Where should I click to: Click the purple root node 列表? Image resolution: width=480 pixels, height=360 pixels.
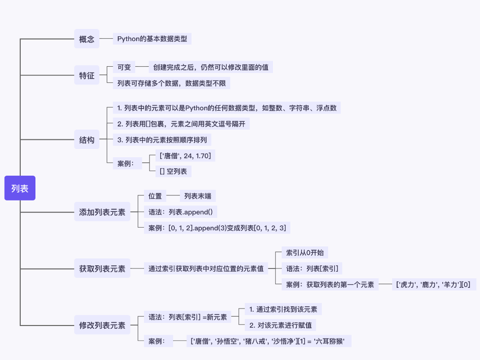(x=20, y=188)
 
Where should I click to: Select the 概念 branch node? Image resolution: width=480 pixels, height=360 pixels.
(x=87, y=39)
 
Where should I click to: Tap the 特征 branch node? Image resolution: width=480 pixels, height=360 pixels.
(x=87, y=75)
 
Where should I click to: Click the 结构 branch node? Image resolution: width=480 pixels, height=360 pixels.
(x=87, y=140)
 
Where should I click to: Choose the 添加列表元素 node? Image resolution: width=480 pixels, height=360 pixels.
(x=102, y=212)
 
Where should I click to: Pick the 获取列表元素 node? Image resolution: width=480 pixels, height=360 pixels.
(x=102, y=269)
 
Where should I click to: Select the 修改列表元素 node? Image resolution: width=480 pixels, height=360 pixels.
(x=102, y=325)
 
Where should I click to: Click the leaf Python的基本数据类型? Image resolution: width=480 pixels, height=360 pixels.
(x=152, y=39)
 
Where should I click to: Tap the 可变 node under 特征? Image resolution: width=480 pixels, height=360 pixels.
(x=124, y=67)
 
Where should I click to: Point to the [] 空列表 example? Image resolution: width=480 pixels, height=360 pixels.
(x=173, y=171)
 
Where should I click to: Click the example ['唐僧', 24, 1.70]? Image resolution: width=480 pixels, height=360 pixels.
(x=185, y=156)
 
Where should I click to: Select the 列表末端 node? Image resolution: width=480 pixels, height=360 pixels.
(x=197, y=196)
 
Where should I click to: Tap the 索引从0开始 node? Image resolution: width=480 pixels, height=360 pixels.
(x=305, y=252)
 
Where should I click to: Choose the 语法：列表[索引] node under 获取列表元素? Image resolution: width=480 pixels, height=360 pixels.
(x=312, y=269)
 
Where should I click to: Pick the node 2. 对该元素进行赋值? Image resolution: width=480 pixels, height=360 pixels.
(x=280, y=325)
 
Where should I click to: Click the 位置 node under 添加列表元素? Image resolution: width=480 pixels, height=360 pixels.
(x=155, y=196)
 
